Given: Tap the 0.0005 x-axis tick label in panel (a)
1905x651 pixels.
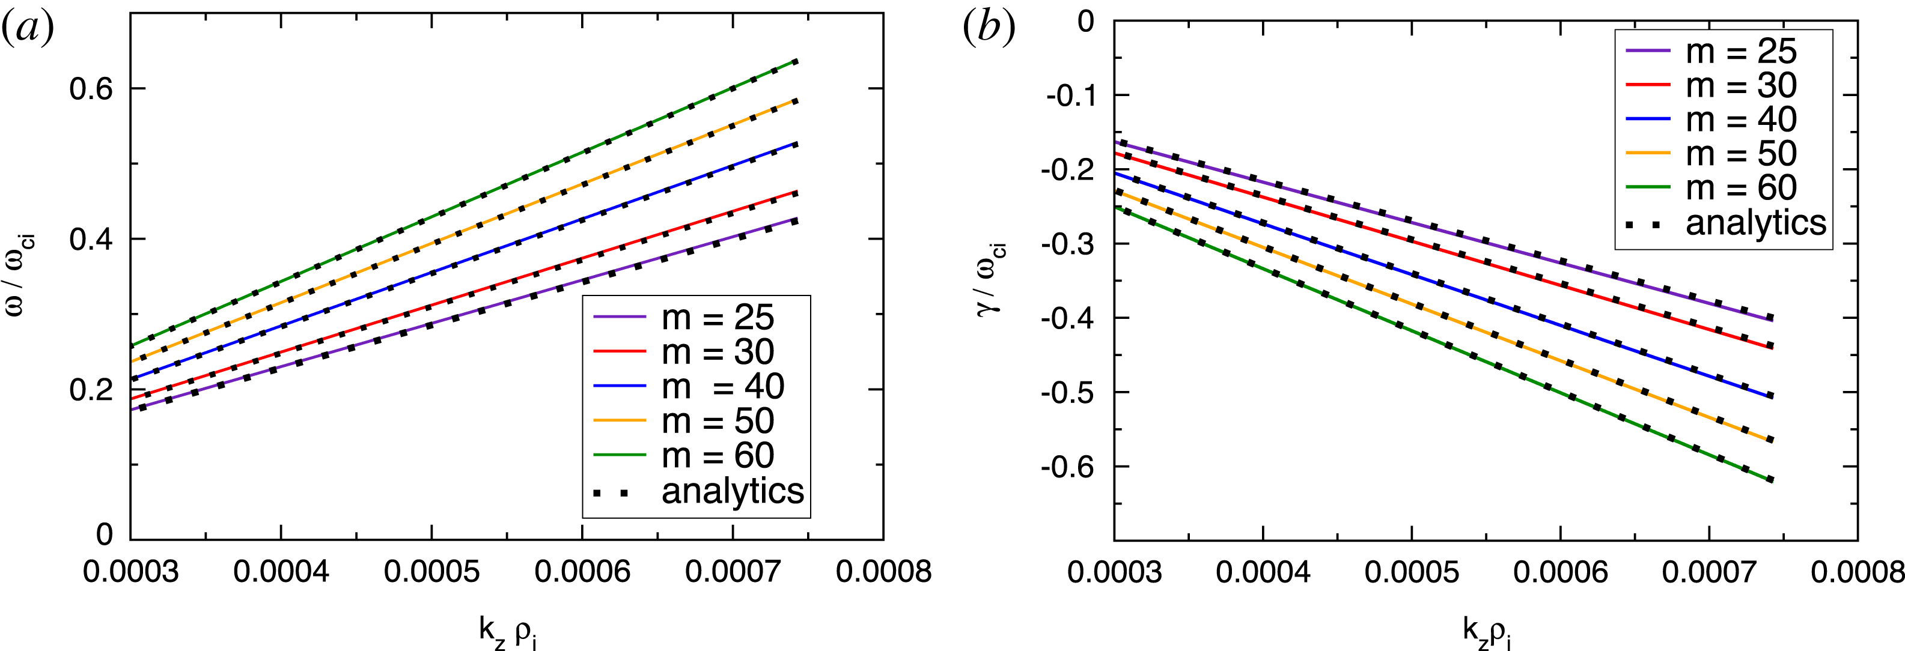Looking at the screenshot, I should [x=432, y=571].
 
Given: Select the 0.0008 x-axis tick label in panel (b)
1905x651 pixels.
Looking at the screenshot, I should [x=1856, y=571].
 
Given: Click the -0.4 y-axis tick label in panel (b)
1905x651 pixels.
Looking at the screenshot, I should [x=1067, y=318].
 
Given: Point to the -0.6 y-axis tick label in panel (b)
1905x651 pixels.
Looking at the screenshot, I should [x=1067, y=467].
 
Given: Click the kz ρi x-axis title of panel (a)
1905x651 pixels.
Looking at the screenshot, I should [x=507, y=632].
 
